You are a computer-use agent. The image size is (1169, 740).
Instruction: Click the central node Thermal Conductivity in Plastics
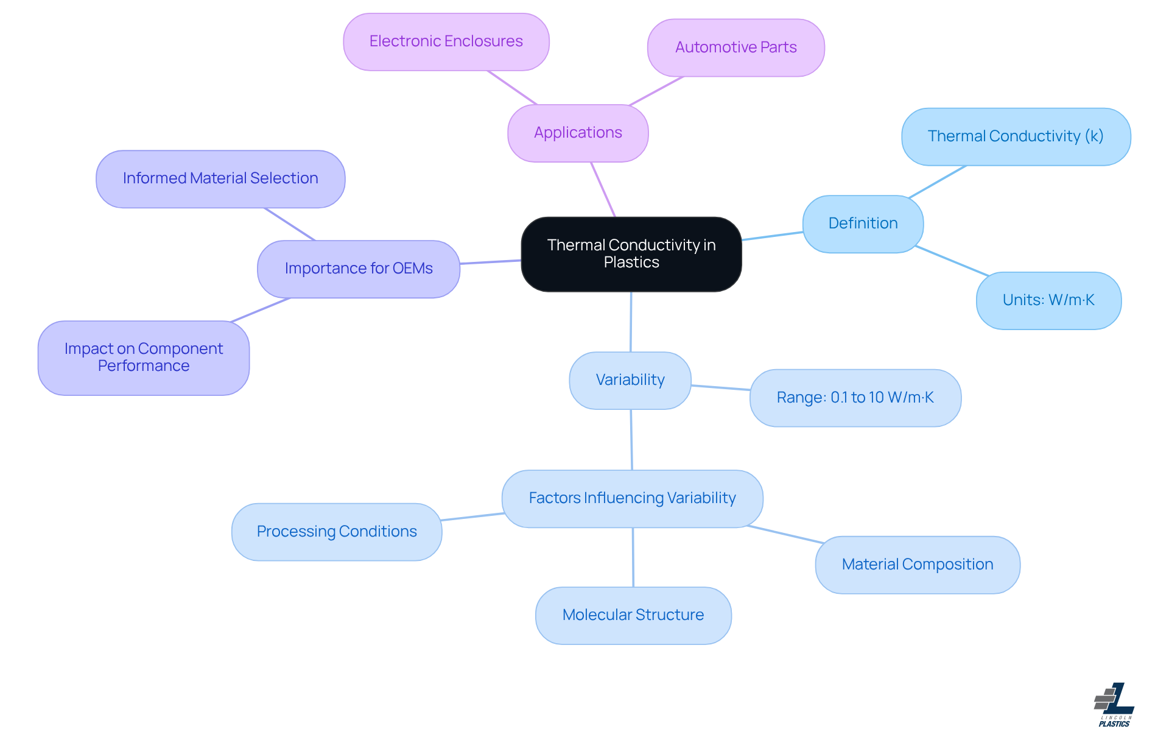tap(631, 254)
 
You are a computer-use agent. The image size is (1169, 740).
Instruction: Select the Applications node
tap(578, 133)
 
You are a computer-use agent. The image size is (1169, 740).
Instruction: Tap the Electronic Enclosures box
tap(446, 41)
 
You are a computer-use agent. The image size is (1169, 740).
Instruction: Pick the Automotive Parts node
tap(735, 48)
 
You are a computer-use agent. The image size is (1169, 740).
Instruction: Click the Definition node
tap(863, 224)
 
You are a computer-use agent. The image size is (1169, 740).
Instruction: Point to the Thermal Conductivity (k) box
tap(1016, 136)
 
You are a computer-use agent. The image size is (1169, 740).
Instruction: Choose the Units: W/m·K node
tap(1048, 300)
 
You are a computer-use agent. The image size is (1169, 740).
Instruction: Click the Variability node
tap(630, 380)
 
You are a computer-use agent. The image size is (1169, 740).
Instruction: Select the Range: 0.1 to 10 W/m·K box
tap(855, 398)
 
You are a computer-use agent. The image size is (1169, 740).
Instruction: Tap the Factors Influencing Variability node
tap(632, 498)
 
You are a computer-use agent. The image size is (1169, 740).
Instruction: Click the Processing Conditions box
tap(337, 532)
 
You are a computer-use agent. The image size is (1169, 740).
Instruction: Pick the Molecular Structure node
tap(633, 615)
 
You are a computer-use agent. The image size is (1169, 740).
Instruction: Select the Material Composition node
tap(918, 565)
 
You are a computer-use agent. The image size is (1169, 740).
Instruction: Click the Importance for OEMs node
tap(359, 269)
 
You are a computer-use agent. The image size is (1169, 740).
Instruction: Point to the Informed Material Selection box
tap(220, 178)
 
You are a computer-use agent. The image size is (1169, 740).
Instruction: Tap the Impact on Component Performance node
tap(144, 358)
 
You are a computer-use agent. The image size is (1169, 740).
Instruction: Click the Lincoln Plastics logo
tap(1114, 705)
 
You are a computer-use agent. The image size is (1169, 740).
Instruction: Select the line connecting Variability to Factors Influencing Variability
tap(631, 440)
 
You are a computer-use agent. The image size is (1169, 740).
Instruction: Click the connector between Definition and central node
tap(772, 236)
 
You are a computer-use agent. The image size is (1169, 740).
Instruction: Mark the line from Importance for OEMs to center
tap(490, 262)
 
